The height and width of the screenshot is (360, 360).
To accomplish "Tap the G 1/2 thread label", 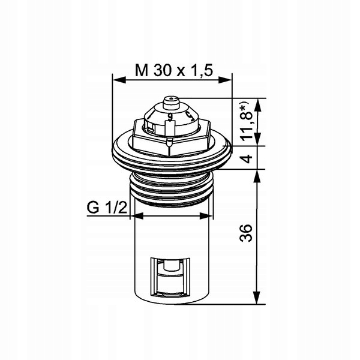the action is [107, 208].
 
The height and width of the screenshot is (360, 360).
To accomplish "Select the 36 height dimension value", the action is [246, 233].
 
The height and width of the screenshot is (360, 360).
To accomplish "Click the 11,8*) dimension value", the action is [247, 122].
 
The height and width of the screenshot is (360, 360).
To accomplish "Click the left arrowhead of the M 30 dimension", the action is [119, 80].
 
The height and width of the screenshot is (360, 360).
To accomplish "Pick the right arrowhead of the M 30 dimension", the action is [225, 80].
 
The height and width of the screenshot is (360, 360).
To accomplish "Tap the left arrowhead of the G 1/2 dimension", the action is [137, 216].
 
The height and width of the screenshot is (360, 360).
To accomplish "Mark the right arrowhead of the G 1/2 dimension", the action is [206, 216].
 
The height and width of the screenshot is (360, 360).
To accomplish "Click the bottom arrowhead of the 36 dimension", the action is [257, 298].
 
